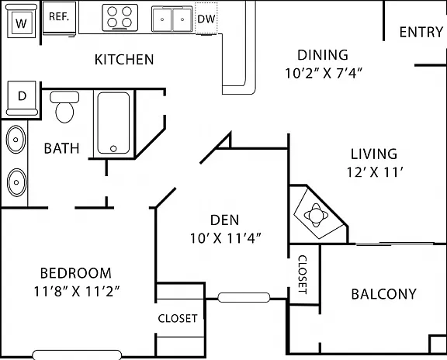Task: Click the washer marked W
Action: point(22,21)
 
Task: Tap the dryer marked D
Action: point(22,99)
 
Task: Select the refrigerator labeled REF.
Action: point(59,19)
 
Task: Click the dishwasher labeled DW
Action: point(206,19)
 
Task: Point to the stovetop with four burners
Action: point(120,17)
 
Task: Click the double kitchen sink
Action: point(172,19)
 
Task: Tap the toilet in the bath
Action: point(64,106)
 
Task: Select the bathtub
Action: point(113,123)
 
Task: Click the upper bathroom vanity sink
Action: point(16,140)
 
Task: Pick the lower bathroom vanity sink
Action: point(16,182)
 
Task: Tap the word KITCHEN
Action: point(124,60)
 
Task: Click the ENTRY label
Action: point(421,32)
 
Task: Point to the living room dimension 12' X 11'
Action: point(375,172)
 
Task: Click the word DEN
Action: point(224,220)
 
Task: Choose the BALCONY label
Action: point(383,294)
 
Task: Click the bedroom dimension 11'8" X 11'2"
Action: point(76,291)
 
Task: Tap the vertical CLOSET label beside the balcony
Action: point(303,275)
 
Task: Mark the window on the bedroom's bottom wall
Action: point(77,355)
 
